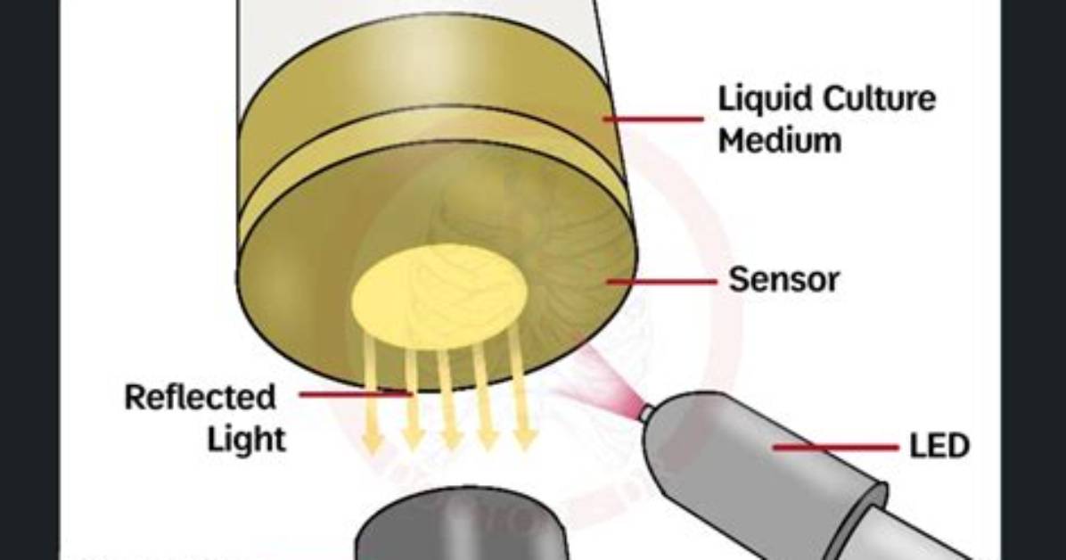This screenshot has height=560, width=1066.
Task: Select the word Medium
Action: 780,140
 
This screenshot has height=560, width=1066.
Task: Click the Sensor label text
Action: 783,279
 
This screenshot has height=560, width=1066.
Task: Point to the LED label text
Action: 939,447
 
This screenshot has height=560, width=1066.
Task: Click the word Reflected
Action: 200,397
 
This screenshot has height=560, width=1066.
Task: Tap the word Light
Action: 246,439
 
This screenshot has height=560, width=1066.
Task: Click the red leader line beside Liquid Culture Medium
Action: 653,119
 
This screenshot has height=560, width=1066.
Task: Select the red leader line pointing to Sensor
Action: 661,280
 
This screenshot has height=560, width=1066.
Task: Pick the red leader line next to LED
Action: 835,448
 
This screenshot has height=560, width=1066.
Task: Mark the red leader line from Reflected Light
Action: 356,393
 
